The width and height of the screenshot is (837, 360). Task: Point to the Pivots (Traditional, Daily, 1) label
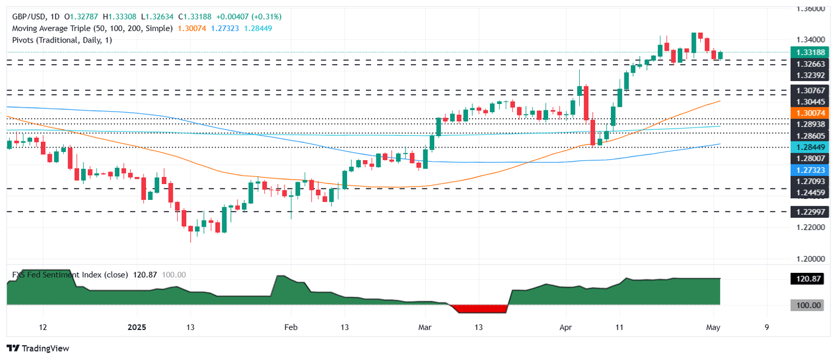(62, 40)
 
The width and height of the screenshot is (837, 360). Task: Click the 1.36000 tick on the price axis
(810, 9)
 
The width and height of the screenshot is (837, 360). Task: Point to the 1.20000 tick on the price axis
(810, 259)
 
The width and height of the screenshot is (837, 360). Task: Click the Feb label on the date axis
(290, 328)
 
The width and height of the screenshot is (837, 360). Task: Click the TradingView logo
(38, 349)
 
